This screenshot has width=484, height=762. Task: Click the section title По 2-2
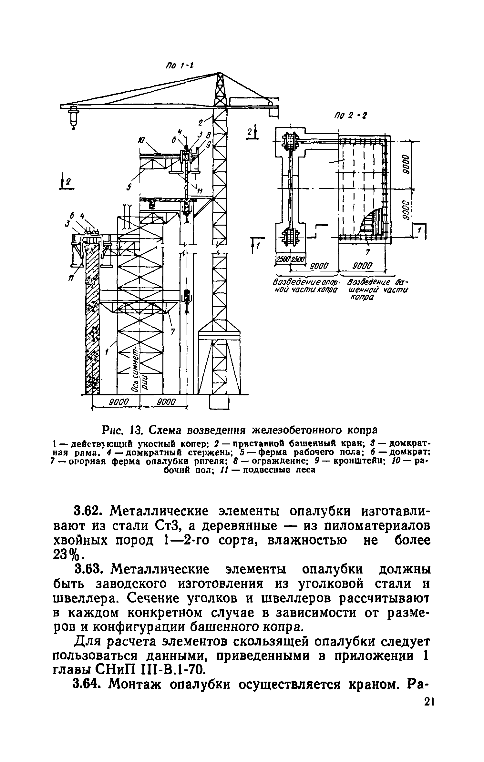(x=350, y=116)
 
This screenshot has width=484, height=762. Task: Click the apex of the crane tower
(x=220, y=74)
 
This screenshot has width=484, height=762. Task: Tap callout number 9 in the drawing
(x=209, y=145)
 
